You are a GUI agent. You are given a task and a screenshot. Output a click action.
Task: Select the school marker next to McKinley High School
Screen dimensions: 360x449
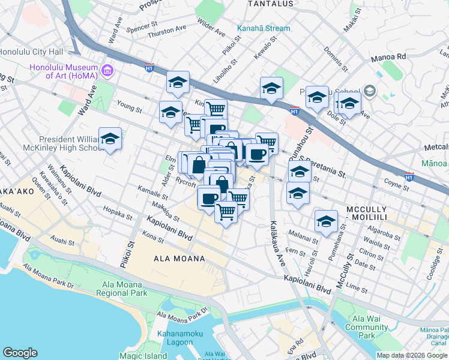click(x=110, y=140)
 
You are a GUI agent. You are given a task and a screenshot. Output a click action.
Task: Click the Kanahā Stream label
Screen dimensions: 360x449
click(x=263, y=28)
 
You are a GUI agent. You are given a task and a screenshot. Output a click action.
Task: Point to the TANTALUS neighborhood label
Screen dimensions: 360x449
click(x=271, y=4)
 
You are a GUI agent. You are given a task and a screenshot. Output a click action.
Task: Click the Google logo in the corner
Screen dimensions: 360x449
click(x=20, y=353)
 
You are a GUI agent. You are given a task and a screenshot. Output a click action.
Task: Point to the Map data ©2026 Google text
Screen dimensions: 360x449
click(x=412, y=355)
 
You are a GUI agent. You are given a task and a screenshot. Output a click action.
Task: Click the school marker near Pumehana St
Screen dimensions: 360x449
click(x=326, y=221)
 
